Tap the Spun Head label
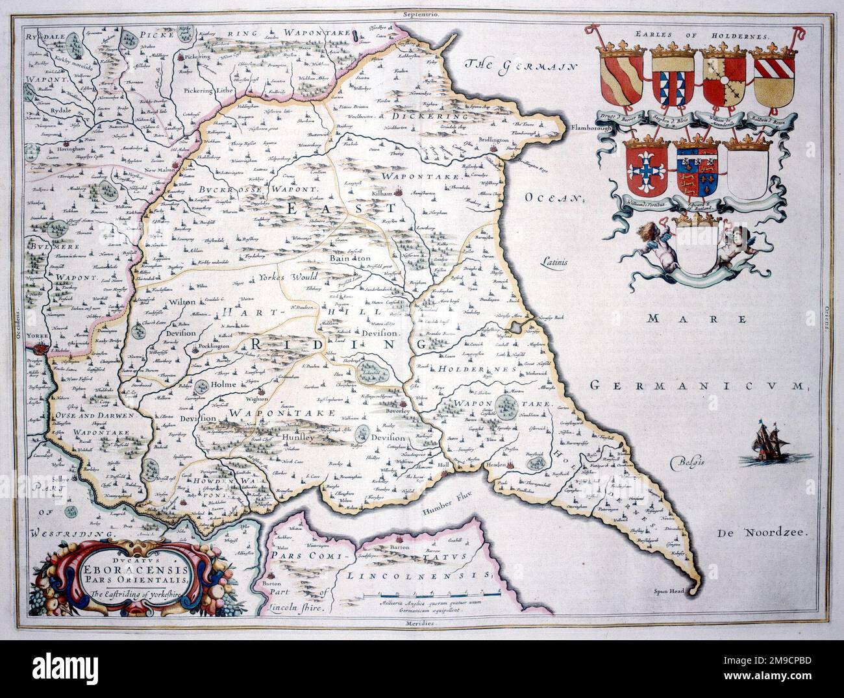click(670, 591)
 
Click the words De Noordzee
click(761, 533)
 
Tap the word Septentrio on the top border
click(421, 14)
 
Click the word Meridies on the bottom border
click(422, 622)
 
